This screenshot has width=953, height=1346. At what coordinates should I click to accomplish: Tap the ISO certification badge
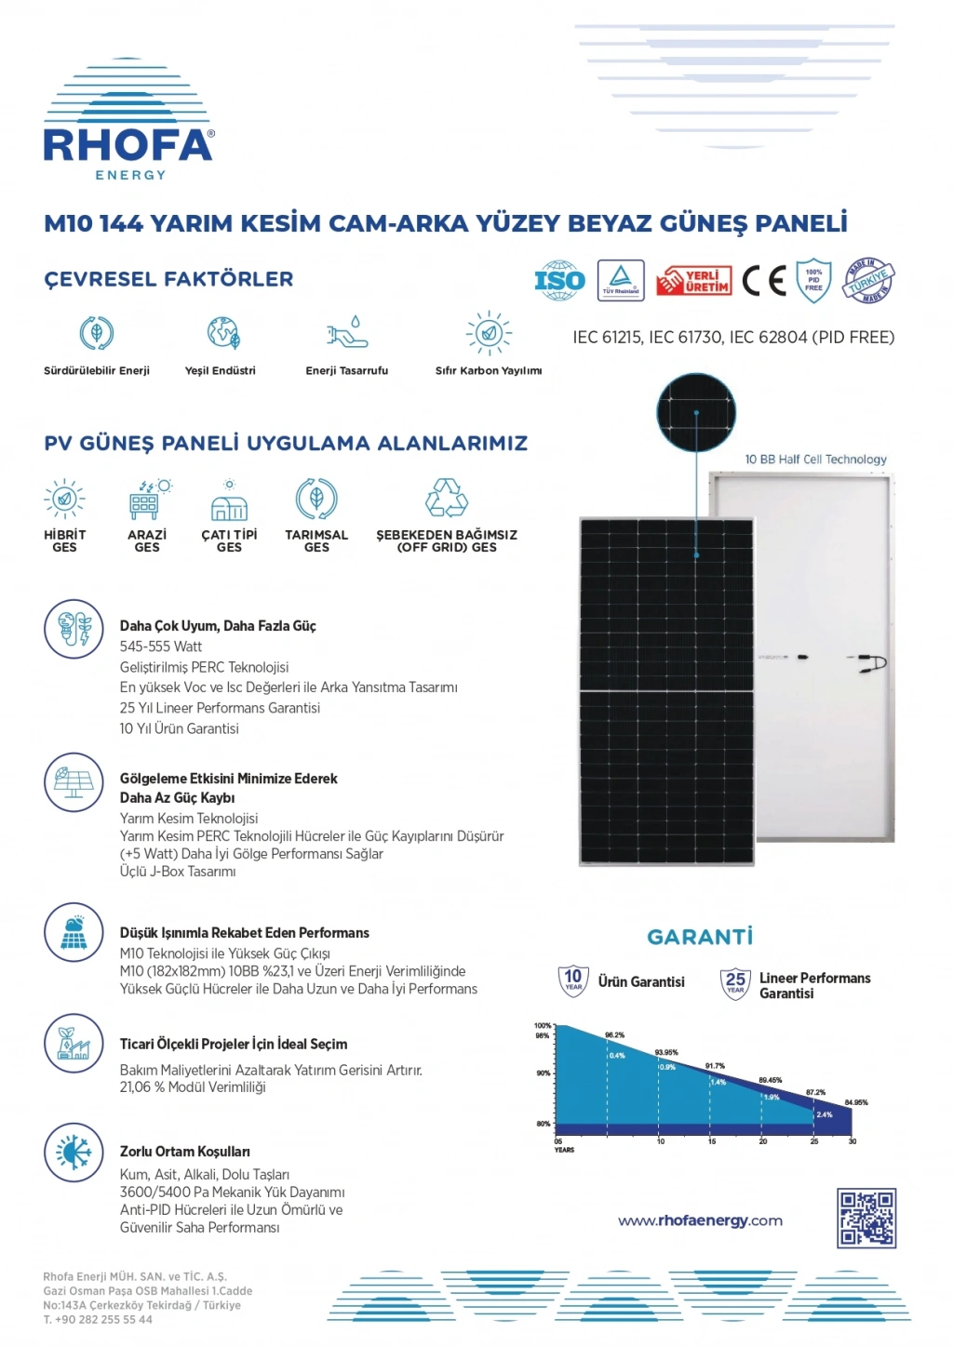click(x=559, y=280)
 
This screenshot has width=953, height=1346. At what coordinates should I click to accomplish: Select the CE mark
click(x=764, y=280)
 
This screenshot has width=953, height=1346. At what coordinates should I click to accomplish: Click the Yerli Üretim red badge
click(x=693, y=280)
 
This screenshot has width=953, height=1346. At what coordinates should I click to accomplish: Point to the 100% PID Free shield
click(x=813, y=280)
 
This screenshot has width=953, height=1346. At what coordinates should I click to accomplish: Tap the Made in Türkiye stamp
click(x=869, y=280)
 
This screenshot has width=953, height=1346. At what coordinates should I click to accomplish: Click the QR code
click(x=866, y=1218)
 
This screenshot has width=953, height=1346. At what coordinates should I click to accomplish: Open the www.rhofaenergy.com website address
click(x=700, y=1220)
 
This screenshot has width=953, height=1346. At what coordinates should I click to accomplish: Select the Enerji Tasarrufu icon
click(x=347, y=333)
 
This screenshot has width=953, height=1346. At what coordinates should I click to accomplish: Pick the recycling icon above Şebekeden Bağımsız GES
click(x=447, y=499)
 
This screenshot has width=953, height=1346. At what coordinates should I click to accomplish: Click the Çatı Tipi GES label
click(x=229, y=540)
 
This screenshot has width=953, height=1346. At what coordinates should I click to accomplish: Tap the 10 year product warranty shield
click(x=573, y=980)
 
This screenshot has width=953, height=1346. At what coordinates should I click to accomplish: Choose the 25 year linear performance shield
click(x=735, y=982)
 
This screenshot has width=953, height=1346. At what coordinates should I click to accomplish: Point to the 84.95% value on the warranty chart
click(x=856, y=1102)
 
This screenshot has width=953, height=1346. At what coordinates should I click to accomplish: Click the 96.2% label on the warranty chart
click(x=614, y=1034)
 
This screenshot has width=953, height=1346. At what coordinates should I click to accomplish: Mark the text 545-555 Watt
click(x=161, y=646)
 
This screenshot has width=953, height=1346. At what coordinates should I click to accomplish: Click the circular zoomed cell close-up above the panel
click(x=696, y=413)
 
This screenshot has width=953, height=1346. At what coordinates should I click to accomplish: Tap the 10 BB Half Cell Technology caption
click(x=815, y=460)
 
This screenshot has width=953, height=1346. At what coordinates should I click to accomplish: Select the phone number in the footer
click(x=98, y=1319)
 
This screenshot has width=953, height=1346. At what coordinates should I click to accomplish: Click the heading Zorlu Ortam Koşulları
click(x=184, y=1152)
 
